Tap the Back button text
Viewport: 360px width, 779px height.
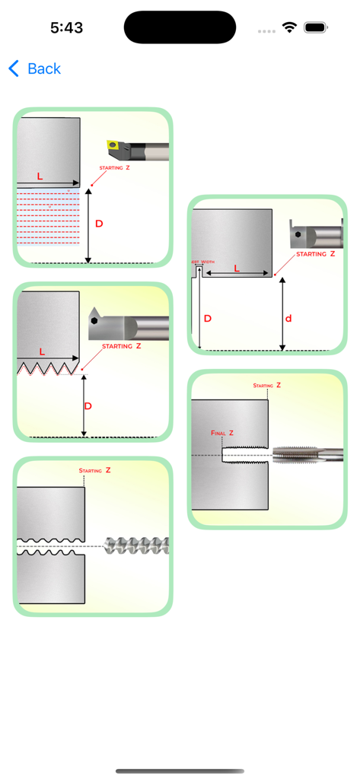[43, 68]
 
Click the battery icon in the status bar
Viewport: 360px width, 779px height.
[315, 27]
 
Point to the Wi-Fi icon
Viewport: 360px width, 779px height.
[289, 27]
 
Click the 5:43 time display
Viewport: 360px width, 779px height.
[66, 27]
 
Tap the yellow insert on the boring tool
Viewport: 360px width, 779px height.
[113, 144]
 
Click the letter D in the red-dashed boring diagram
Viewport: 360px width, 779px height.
[98, 224]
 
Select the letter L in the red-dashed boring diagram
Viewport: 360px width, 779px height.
[40, 176]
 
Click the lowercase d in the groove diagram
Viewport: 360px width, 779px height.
[288, 318]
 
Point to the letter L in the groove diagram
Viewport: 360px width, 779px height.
[237, 269]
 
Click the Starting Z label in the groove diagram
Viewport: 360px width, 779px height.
[315, 254]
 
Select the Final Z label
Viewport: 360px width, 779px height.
[222, 433]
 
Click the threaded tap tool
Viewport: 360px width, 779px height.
[307, 455]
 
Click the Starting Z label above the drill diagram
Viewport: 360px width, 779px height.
[94, 471]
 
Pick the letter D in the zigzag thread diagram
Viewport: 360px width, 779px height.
[88, 406]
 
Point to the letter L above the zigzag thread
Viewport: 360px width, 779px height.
[42, 352]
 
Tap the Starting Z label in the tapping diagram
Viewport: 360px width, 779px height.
[266, 386]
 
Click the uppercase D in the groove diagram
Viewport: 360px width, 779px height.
[208, 318]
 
